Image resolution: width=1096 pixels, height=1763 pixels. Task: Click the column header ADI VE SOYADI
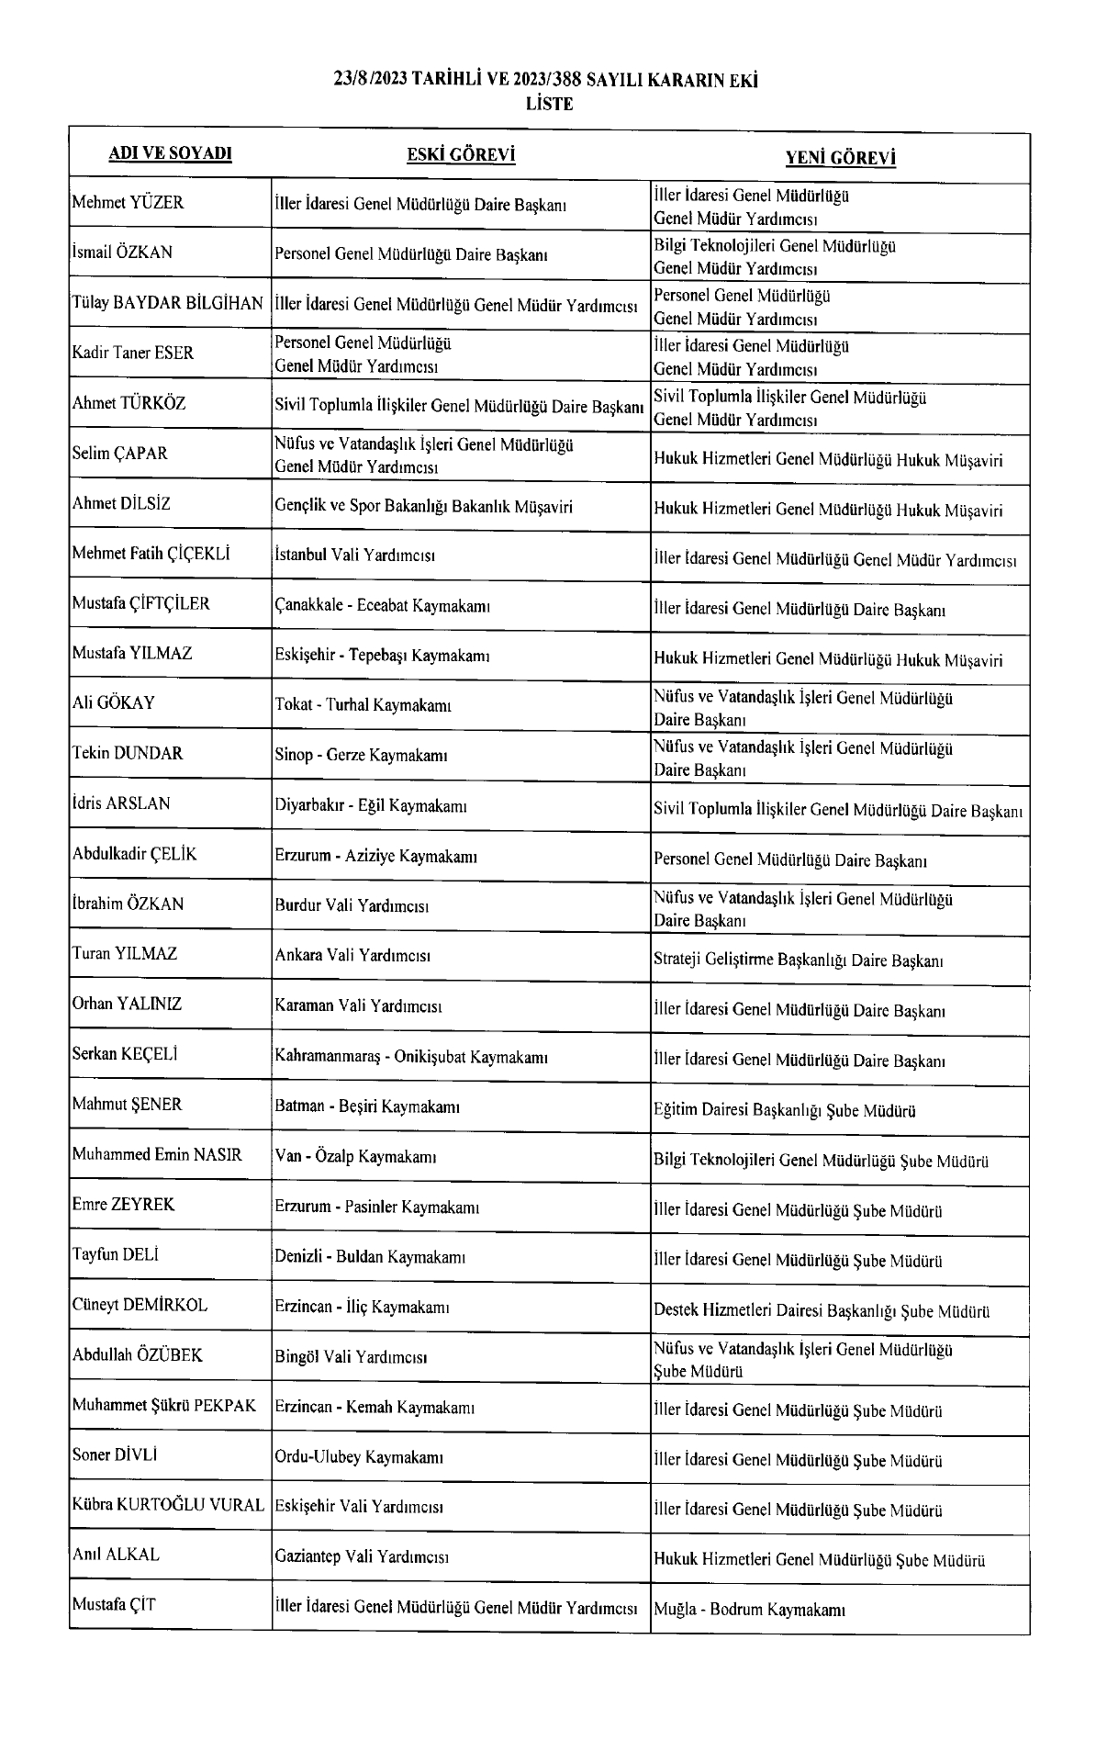170,153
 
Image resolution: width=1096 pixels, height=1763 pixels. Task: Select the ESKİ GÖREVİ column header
461,154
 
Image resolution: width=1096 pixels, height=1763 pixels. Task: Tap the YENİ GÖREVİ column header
840,158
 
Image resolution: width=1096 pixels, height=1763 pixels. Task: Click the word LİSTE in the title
549,104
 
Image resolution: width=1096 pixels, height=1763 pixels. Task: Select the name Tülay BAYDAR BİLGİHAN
168,303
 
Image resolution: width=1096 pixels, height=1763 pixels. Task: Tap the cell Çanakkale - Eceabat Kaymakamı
383,606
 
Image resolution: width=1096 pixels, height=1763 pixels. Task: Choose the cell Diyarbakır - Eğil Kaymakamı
371,806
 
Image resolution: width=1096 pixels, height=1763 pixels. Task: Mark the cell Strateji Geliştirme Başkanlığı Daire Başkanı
799,961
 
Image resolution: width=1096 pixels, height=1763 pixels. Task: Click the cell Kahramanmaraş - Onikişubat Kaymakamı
411,1057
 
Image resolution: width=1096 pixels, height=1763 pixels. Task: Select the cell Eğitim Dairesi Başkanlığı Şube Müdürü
785,1111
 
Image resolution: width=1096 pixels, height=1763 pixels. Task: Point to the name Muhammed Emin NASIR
157,1155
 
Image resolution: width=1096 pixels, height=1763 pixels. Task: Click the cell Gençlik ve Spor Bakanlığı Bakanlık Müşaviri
423,506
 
